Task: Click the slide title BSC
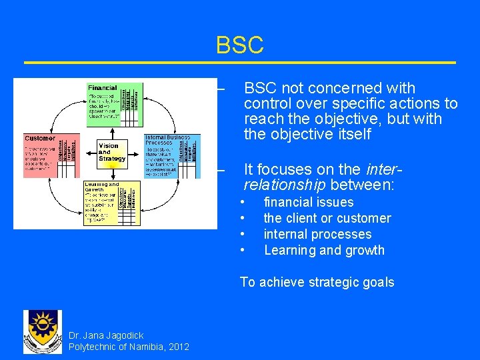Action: point(239,45)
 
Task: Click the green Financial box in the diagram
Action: point(114,104)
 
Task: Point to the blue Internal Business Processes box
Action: point(171,156)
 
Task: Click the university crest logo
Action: point(42,331)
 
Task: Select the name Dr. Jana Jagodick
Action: point(106,335)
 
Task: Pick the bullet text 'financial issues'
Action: point(309,202)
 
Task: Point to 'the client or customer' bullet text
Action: point(327,218)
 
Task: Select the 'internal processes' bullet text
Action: point(317,234)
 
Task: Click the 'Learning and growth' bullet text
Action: point(324,250)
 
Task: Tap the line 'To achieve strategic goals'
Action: point(317,282)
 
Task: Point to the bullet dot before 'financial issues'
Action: point(244,202)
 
